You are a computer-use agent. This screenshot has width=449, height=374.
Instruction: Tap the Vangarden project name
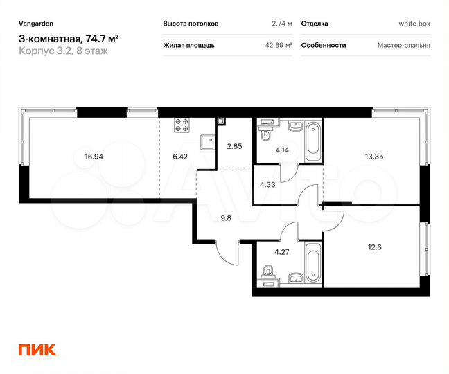pos(36,24)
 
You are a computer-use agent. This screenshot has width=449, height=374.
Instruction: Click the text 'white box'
pos(414,24)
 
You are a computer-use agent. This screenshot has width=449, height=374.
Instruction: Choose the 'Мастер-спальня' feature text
pos(404,45)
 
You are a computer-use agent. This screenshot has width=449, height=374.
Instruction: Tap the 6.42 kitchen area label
pos(180,157)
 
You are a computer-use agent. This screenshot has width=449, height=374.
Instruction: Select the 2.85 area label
pos(234,146)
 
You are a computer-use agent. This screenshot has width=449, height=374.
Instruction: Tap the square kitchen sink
pos(205,142)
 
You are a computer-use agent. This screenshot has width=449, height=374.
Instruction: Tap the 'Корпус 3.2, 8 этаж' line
pos(63,51)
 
